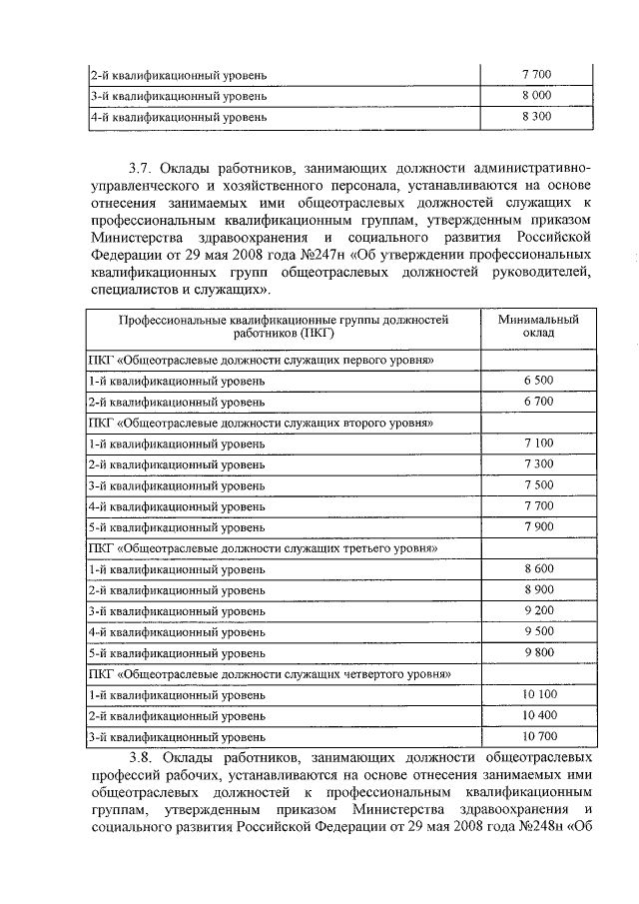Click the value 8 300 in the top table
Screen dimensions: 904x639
pyautogui.click(x=536, y=117)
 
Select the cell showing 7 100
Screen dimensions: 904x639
pyautogui.click(x=537, y=443)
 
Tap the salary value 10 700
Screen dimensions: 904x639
pyautogui.click(x=537, y=736)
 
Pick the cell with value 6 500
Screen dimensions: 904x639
pyautogui.click(x=537, y=381)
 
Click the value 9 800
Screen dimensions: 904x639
pyautogui.click(x=537, y=652)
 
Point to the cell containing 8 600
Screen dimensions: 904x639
pyautogui.click(x=537, y=568)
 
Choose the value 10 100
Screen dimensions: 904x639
pyautogui.click(x=537, y=694)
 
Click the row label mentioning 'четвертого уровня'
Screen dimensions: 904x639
pyautogui.click(x=270, y=674)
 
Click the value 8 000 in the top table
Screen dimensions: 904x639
pyautogui.click(x=536, y=96)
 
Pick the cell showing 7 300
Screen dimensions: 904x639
pyautogui.click(x=537, y=464)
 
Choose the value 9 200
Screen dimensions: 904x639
pyautogui.click(x=537, y=610)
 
